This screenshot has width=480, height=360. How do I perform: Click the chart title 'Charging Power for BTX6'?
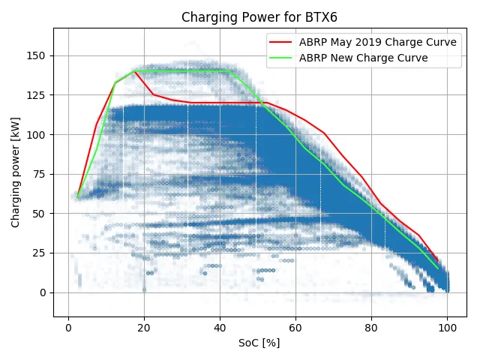(259, 17)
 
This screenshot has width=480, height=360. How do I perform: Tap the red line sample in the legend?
(280, 42)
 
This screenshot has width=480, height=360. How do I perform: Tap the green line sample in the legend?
(280, 58)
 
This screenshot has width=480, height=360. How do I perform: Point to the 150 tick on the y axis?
(36, 55)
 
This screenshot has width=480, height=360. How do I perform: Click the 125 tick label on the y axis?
(36, 95)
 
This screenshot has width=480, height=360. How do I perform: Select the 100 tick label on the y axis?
(36, 135)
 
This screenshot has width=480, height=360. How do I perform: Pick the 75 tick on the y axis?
(39, 174)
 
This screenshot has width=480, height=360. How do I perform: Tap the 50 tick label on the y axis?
(39, 214)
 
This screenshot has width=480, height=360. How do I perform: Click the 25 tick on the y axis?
(39, 253)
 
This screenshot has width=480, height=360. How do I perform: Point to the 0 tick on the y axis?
(43, 292)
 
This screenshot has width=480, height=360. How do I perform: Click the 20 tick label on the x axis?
(144, 328)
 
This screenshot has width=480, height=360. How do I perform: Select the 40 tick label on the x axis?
(220, 328)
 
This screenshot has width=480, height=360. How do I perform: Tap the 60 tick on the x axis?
(295, 328)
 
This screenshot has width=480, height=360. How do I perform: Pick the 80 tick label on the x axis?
(371, 328)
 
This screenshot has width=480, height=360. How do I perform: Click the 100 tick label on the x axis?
(447, 328)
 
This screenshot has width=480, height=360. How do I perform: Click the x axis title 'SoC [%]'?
(259, 343)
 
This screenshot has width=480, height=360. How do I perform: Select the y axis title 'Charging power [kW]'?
(15, 172)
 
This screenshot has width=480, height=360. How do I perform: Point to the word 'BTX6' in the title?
(321, 17)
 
